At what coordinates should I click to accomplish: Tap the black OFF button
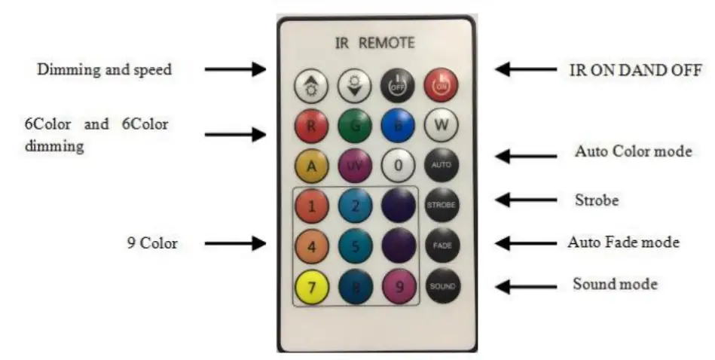(x=396, y=86)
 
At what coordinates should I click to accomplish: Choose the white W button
(x=442, y=126)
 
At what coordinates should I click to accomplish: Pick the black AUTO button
(x=442, y=164)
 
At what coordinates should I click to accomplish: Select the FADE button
(x=442, y=246)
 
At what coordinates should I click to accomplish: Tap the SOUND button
(x=442, y=286)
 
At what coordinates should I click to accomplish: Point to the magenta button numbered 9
(x=397, y=286)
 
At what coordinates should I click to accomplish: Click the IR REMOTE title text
(x=374, y=43)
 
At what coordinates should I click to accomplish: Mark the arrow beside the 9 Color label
(x=236, y=243)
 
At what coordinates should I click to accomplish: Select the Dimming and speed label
(x=105, y=69)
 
